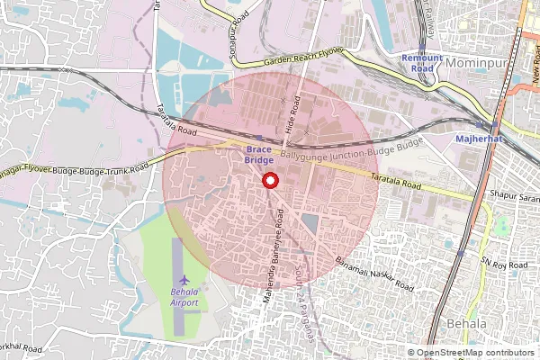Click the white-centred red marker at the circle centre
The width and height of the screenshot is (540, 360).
tap(269, 181)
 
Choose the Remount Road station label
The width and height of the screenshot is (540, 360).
tap(422, 63)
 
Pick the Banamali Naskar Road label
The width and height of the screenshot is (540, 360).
tap(374, 274)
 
